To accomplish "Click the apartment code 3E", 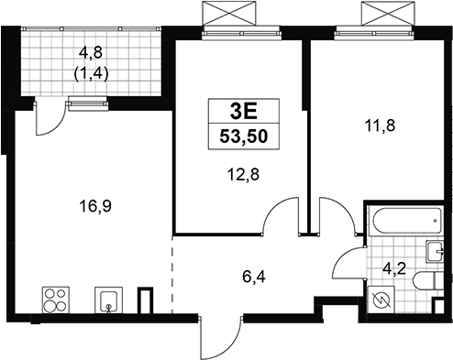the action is (244, 112).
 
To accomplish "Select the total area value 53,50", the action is (244, 136).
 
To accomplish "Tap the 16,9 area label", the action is (95, 206).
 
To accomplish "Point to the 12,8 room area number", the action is (243, 175).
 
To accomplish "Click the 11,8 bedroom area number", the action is (380, 125).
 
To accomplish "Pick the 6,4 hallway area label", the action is (254, 278).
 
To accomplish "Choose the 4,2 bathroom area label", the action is (395, 269).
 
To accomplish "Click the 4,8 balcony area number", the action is (91, 53).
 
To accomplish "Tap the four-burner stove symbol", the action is (56, 300).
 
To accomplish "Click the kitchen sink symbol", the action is (108, 300).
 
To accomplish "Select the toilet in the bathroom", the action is (427, 280).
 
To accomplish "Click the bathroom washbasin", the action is (434, 252).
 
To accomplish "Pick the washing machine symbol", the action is (381, 300).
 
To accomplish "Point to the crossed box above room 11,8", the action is (388, 14).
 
